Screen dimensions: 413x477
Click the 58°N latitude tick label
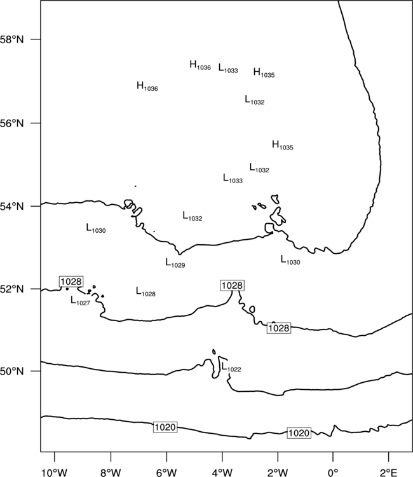12,39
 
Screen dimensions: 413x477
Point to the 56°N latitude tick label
12,123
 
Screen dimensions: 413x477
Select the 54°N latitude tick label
12,207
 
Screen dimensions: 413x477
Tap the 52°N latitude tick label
12,289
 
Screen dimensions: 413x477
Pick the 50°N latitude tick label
12,371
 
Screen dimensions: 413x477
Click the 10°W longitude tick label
55,473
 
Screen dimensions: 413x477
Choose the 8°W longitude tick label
111,473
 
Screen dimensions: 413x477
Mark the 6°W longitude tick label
166,473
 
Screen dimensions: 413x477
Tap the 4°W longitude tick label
222,473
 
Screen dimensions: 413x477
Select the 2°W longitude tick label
278,473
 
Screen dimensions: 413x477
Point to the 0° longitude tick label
333,473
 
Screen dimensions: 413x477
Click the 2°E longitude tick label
389,473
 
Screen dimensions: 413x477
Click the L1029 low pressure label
175,263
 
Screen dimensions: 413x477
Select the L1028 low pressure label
146,292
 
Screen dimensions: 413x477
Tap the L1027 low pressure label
80,301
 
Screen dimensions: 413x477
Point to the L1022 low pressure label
231,367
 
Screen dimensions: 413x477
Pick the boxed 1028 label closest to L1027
71,281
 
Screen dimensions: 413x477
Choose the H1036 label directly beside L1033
200,66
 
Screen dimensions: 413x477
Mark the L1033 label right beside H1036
228,69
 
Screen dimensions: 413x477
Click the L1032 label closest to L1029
193,216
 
